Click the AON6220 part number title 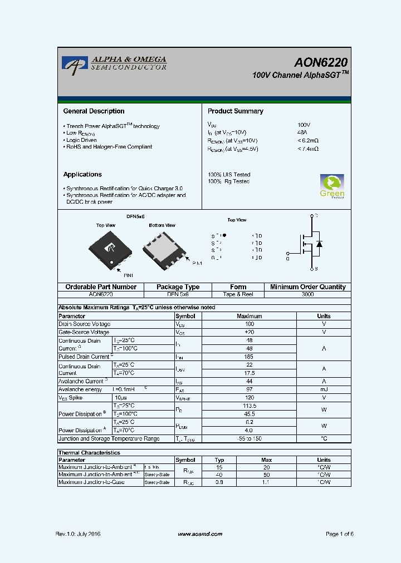[321, 62]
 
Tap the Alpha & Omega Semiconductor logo [114, 63]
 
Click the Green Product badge [331, 186]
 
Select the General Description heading [94, 111]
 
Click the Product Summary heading [235, 111]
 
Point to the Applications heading [82, 174]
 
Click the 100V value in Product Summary [304, 125]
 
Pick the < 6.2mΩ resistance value [308, 141]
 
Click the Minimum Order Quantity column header [307, 287]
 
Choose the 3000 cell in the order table [307, 294]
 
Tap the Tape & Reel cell [238, 294]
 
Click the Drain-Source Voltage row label [85, 324]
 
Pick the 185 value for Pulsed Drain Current [249, 357]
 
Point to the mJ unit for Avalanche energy [324, 389]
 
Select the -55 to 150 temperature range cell [249, 438]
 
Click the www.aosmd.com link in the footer [199, 534]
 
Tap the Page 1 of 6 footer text [339, 534]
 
